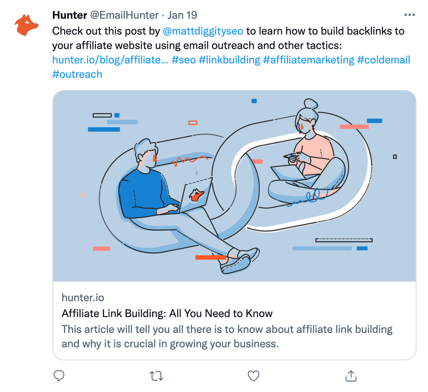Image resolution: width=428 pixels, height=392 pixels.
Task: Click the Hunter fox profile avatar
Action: pyautogui.click(x=26, y=25)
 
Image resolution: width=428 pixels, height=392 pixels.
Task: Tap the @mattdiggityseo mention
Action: pyautogui.click(x=203, y=31)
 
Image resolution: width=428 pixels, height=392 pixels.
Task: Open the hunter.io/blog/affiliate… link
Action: pyautogui.click(x=110, y=60)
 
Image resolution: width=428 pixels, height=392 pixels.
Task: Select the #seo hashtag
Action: pyautogui.click(x=184, y=60)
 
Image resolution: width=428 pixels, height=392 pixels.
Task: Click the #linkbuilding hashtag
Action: pyautogui.click(x=229, y=60)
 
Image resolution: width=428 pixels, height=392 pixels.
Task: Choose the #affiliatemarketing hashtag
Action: pyautogui.click(x=309, y=60)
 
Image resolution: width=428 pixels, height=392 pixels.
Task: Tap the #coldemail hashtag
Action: pyautogui.click(x=383, y=60)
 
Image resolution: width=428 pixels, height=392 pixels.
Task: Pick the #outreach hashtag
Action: pyautogui.click(x=77, y=74)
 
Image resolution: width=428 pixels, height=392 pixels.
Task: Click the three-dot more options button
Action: pyautogui.click(x=409, y=15)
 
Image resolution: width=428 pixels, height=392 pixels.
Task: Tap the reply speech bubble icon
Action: pyautogui.click(x=59, y=375)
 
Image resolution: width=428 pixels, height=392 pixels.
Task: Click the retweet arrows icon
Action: pyautogui.click(x=157, y=376)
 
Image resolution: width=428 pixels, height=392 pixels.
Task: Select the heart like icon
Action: pyautogui.click(x=254, y=376)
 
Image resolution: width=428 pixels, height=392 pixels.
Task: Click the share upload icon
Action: pyautogui.click(x=351, y=375)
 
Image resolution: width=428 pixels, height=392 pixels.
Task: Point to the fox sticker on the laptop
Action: pyautogui.click(x=197, y=195)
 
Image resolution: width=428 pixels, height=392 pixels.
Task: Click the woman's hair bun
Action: pyautogui.click(x=311, y=104)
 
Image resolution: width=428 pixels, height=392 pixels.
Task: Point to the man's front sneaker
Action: pyautogui.click(x=236, y=264)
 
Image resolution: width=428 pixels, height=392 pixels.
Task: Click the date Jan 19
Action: pyautogui.click(x=182, y=15)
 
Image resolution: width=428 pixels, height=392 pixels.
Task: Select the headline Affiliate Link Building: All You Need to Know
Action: pyautogui.click(x=167, y=313)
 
